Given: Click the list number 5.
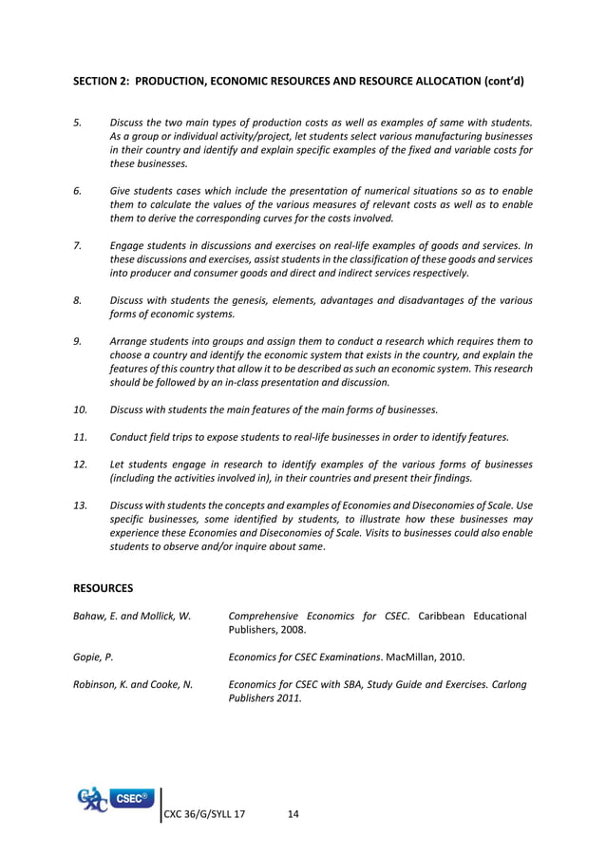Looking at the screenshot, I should [77, 123].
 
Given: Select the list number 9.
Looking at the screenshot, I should [77, 340].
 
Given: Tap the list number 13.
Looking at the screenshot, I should [81, 505].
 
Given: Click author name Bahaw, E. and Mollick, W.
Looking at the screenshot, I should [132, 617].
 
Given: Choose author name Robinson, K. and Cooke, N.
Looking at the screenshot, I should [133, 683].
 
